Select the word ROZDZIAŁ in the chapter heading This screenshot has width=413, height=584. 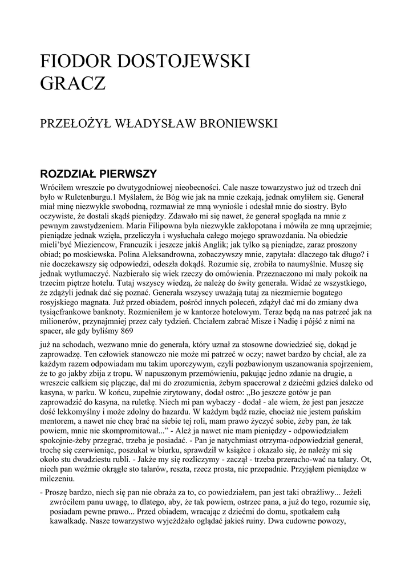point(68,173)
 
